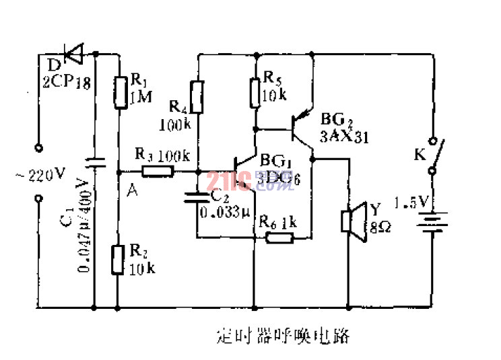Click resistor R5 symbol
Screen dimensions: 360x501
(255, 92)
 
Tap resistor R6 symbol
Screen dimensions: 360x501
(273, 237)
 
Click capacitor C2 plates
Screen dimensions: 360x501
(197, 199)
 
